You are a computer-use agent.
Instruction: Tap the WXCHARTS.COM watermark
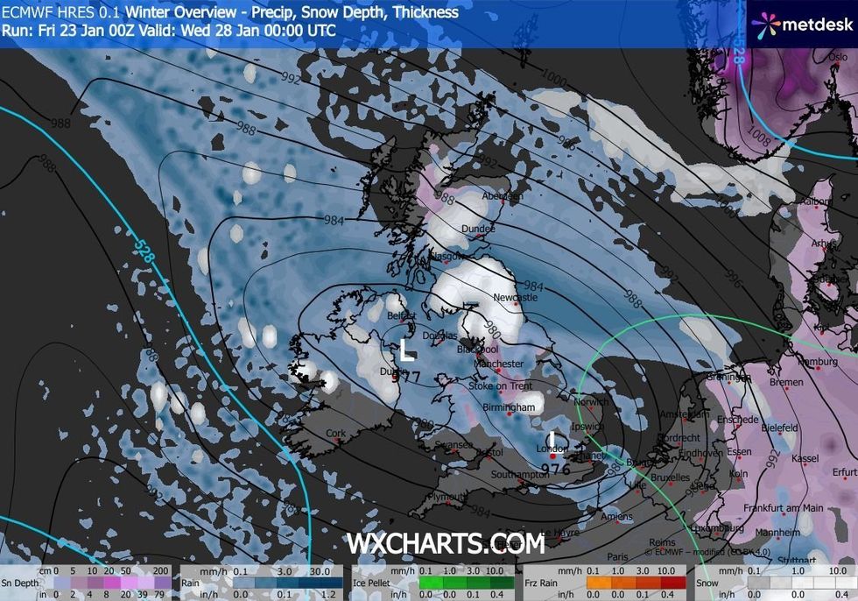pyautogui.click(x=446, y=544)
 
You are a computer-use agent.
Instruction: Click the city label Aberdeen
pyautogui.click(x=489, y=197)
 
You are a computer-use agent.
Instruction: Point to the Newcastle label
pyautogui.click(x=515, y=298)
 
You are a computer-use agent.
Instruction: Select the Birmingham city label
pyautogui.click(x=509, y=408)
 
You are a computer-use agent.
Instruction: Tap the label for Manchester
pyautogui.click(x=498, y=364)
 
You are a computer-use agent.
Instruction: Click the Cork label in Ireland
pyautogui.click(x=335, y=433)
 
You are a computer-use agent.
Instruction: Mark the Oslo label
pyautogui.click(x=837, y=57)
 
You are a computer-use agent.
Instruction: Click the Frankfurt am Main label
pyautogui.click(x=784, y=508)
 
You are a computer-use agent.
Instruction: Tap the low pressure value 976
pyautogui.click(x=557, y=469)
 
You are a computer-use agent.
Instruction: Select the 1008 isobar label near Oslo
pyautogui.click(x=758, y=138)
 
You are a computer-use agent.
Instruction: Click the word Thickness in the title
pyautogui.click(x=425, y=12)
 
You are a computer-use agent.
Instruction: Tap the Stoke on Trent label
pyautogui.click(x=500, y=386)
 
